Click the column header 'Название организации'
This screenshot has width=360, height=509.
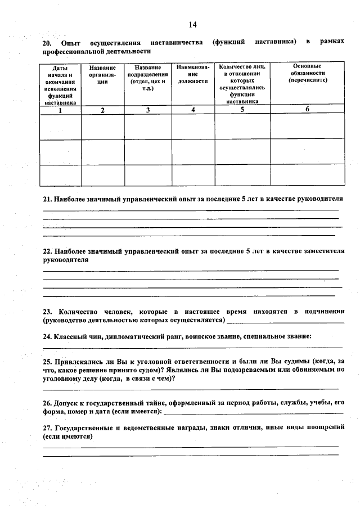coord(102,74)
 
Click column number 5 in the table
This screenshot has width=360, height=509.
coord(242,110)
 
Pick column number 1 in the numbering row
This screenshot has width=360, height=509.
coord(60,110)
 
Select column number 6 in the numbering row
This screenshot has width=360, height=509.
coord(307,110)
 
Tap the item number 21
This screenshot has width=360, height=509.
coord(48,199)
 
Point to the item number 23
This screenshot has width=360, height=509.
coord(48,312)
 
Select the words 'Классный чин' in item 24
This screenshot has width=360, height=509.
coord(77,336)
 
